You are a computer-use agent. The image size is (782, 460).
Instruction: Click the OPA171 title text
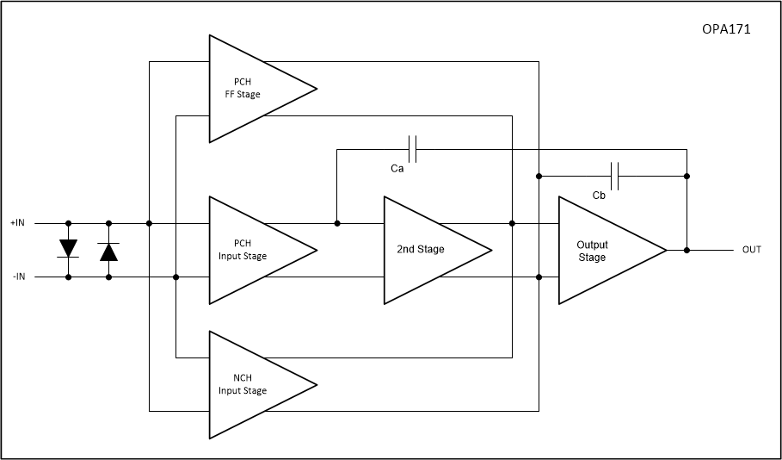click(x=727, y=28)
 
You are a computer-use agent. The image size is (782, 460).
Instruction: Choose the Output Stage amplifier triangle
click(x=603, y=251)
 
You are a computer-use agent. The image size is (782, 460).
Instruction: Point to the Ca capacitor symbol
click(x=413, y=149)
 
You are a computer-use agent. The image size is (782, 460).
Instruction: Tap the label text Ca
click(x=397, y=169)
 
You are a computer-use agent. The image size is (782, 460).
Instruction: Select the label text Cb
click(x=599, y=196)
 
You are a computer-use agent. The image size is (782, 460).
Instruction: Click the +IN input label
click(x=19, y=223)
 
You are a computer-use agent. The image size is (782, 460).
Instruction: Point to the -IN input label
click(x=19, y=277)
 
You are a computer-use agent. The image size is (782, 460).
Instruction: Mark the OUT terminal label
click(x=752, y=250)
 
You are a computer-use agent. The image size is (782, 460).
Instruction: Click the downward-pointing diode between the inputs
click(x=68, y=249)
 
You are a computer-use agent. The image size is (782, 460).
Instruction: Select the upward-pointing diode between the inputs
click(x=109, y=251)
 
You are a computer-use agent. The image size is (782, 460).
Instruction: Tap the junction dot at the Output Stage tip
click(x=687, y=250)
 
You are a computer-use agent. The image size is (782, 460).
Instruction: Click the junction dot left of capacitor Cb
click(x=539, y=176)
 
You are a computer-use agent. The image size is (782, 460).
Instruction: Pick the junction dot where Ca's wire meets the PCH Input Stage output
click(x=336, y=223)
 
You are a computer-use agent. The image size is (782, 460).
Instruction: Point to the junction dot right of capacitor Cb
click(x=687, y=176)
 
